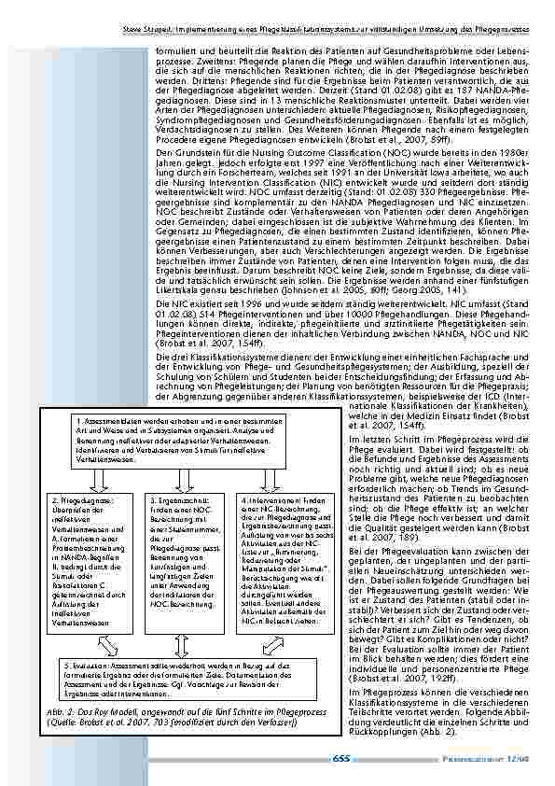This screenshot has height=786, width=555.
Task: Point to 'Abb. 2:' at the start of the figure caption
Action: coord(59,712)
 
